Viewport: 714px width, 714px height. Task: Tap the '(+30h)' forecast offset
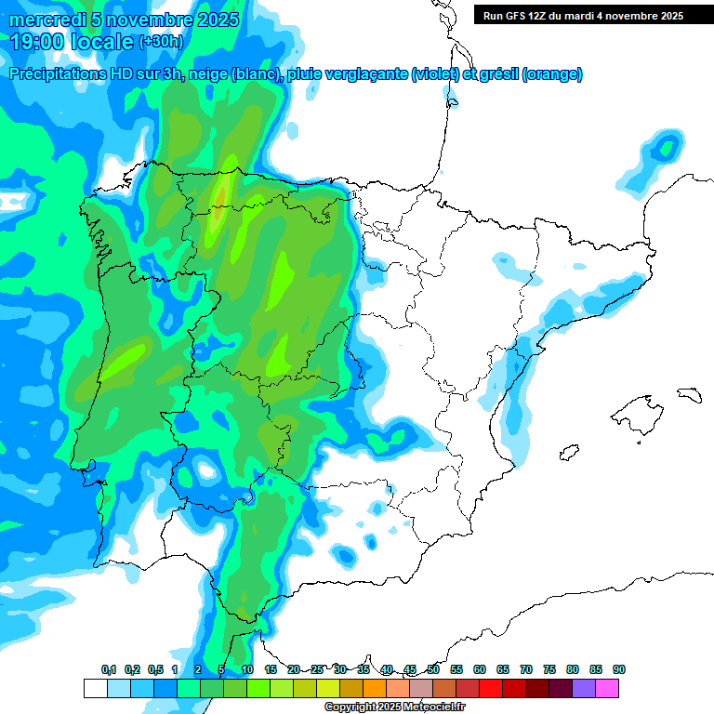tap(162, 42)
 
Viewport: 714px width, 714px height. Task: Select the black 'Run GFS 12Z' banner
tap(578, 15)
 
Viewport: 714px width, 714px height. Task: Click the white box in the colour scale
tap(95, 689)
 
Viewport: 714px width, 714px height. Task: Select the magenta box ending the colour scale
tap(607, 689)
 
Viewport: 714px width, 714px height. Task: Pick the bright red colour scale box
tap(491, 689)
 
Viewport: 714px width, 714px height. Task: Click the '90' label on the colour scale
tap(619, 669)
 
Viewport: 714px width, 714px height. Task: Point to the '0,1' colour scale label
tap(108, 669)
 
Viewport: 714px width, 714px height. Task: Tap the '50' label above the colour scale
tap(433, 669)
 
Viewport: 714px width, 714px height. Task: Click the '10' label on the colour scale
tap(247, 669)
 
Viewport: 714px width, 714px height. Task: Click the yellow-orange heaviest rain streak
tap(219, 200)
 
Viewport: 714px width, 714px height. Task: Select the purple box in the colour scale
tap(584, 689)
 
